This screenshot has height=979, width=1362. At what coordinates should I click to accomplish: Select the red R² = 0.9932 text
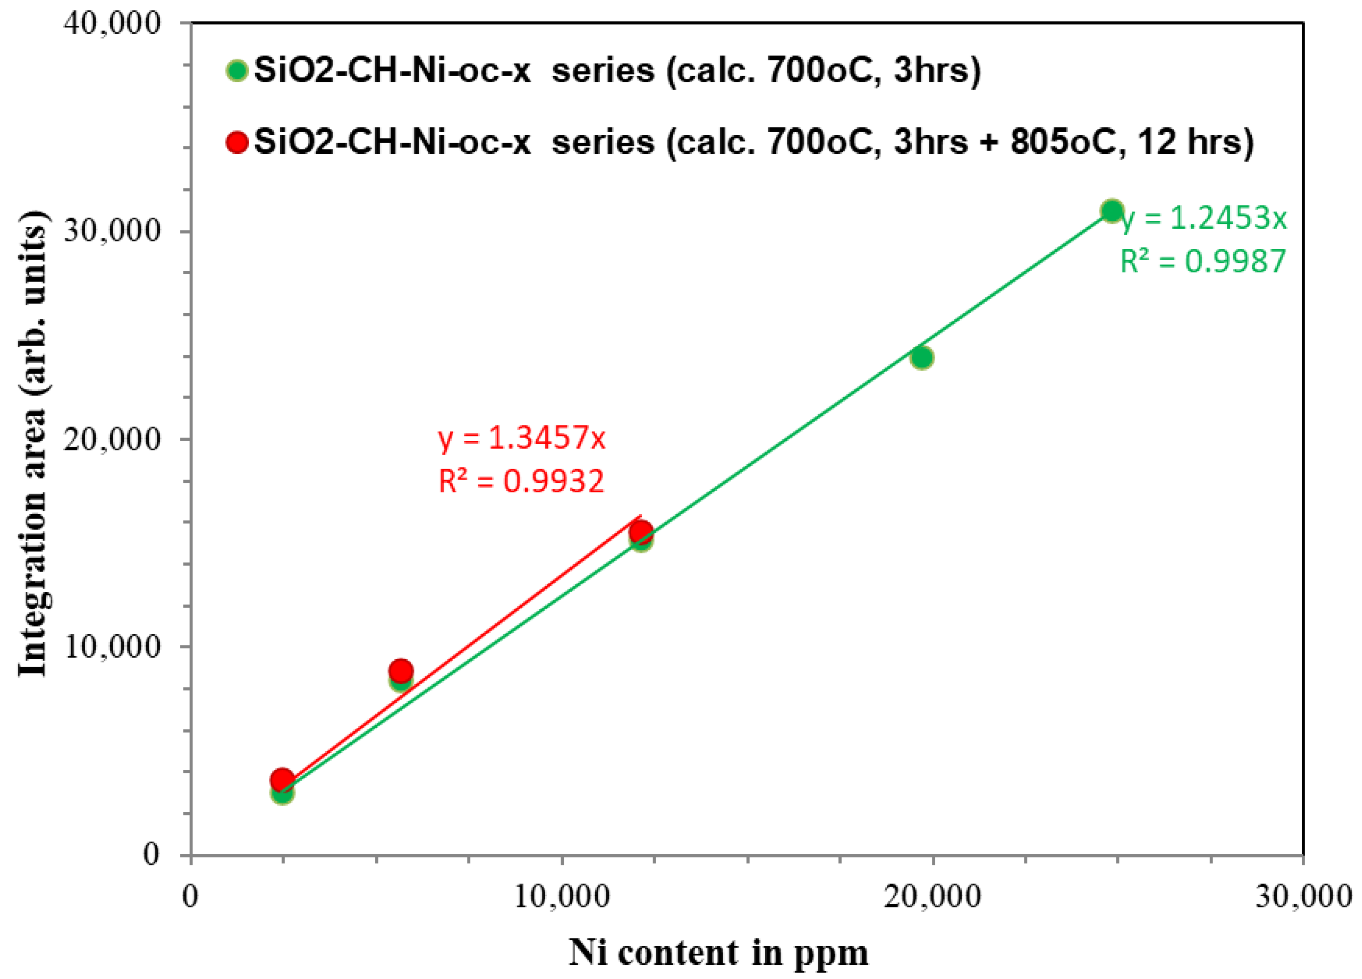[x=521, y=481]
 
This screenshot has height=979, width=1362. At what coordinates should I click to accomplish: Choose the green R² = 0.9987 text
[x=1203, y=261]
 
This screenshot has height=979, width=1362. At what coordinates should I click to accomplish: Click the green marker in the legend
[x=237, y=71]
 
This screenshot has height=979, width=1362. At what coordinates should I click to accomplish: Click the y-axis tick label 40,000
[x=112, y=25]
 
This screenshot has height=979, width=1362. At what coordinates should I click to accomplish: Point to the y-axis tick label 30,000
[x=112, y=231]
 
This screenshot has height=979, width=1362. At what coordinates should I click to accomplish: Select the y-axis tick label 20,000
[x=112, y=439]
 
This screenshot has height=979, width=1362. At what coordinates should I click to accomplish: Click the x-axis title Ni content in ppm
[x=718, y=953]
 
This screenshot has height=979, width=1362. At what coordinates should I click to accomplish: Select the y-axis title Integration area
[x=32, y=444]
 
